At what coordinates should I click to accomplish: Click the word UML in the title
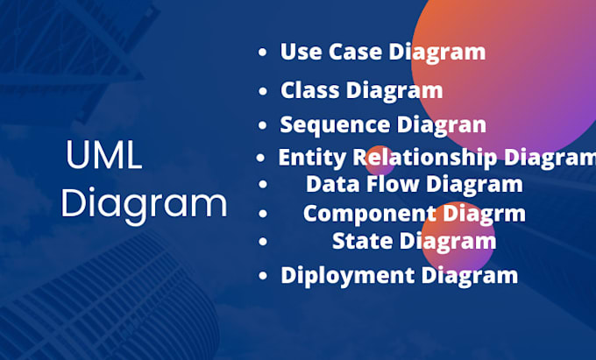click(103, 159)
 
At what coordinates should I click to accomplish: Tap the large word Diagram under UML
click(145, 205)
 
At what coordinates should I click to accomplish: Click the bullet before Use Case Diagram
click(262, 53)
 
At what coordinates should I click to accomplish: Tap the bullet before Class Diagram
click(263, 90)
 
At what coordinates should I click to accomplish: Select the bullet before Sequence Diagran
click(263, 125)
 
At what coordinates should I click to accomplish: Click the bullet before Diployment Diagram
click(263, 276)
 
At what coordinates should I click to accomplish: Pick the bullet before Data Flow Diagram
click(263, 185)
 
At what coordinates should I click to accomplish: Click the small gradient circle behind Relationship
click(379, 158)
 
